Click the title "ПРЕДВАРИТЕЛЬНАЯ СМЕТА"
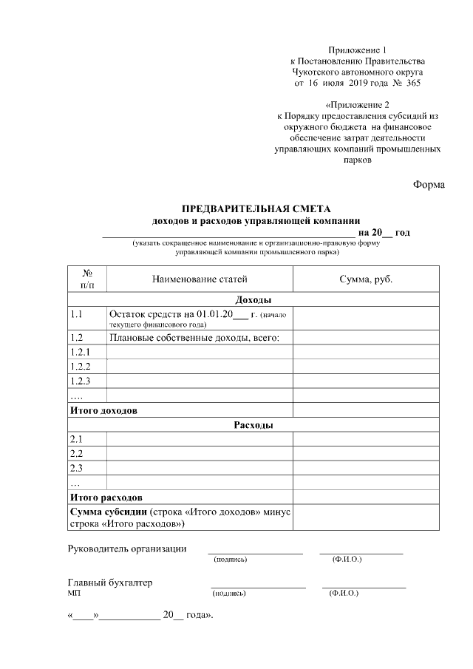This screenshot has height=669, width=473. click(x=256, y=208)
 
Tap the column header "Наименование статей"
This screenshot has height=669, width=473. click(x=200, y=279)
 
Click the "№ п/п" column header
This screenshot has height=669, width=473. click(x=87, y=279)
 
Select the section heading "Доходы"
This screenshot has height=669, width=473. click(x=253, y=300)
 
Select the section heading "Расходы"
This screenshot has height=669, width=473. click(x=253, y=425)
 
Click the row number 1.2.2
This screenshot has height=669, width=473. click(x=80, y=367)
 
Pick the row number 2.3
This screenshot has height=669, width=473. click(x=76, y=468)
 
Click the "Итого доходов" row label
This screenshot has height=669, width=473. click(x=104, y=410)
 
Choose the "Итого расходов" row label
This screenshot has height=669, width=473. click(x=106, y=497)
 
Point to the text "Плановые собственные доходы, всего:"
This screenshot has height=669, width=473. click(x=198, y=338)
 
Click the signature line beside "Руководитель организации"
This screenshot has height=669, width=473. click(x=255, y=551)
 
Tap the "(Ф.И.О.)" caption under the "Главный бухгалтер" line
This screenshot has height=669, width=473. click(x=343, y=594)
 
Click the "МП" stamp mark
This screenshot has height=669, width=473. click(x=73, y=594)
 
